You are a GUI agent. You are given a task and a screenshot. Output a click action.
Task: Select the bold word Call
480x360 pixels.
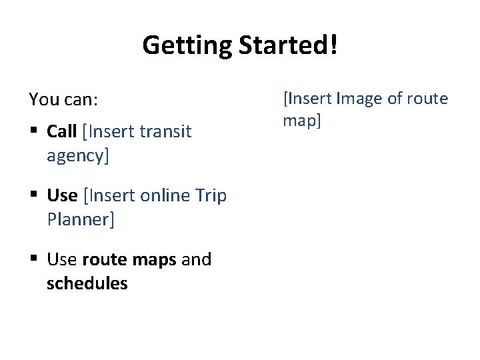[x=61, y=131]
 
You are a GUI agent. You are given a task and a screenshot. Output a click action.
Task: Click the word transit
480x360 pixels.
[x=165, y=131]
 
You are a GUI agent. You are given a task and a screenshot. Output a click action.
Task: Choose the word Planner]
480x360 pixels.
[x=81, y=219]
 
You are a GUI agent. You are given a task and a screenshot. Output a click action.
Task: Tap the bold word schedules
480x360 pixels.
[x=87, y=283]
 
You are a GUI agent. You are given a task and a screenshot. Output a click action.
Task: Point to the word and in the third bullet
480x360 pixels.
[x=196, y=259]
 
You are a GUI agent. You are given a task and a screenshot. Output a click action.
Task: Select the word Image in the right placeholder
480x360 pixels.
[x=360, y=99]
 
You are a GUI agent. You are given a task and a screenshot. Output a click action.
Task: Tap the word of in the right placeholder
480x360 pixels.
[x=395, y=99]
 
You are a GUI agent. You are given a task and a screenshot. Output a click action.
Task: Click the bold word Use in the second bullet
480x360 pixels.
[x=62, y=195]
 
